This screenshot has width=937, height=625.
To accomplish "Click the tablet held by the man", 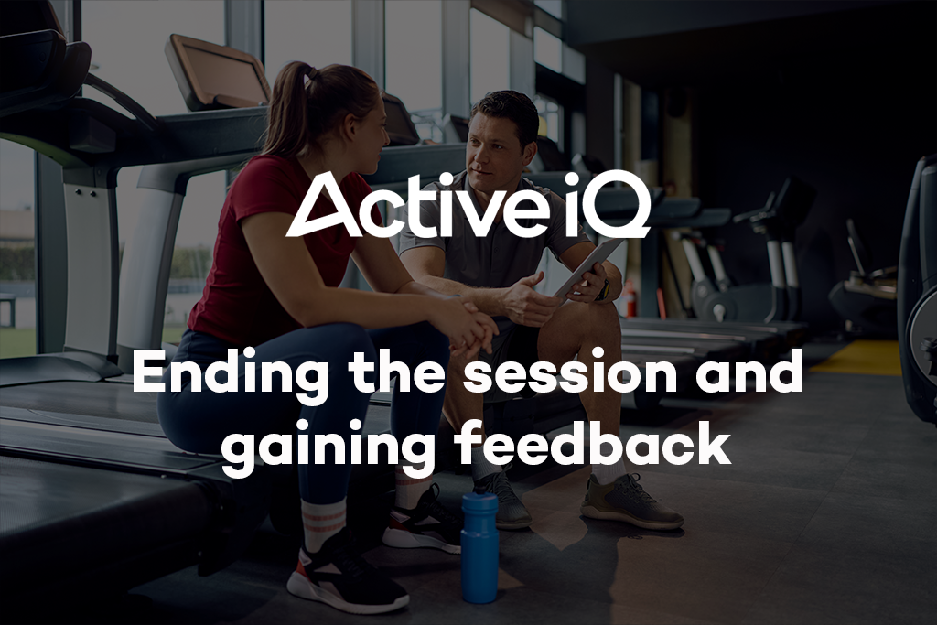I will [587, 266].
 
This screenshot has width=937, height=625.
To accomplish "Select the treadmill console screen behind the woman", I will [217, 72].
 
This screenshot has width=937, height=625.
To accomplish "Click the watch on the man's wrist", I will [605, 288].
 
